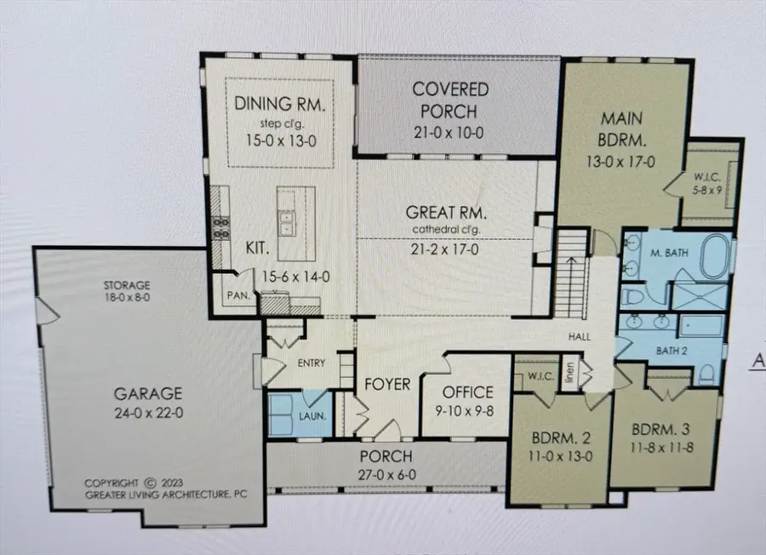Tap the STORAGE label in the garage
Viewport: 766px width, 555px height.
pos(127,285)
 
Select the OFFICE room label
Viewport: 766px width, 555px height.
pos(467,392)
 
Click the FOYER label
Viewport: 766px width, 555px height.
pos(387,385)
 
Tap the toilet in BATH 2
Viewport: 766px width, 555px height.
pos(706,372)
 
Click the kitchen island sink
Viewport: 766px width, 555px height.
pos(287,223)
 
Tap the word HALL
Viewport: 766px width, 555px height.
pos(579,337)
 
